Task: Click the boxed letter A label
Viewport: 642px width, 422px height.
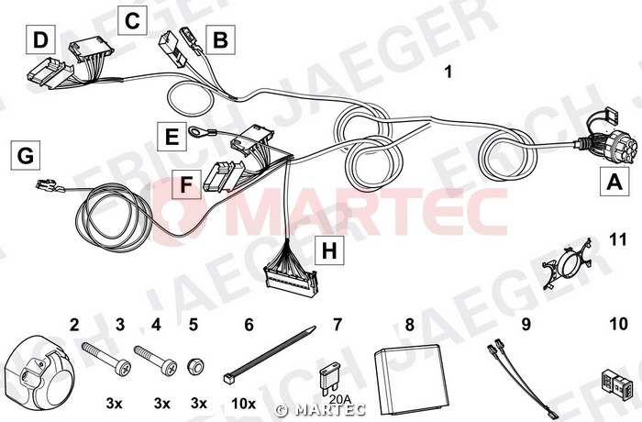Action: coord(614,181)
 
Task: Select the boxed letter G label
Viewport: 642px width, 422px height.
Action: coord(26,155)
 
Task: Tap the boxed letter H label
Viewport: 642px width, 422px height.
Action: coord(329,250)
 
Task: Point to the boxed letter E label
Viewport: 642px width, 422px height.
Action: coord(172,136)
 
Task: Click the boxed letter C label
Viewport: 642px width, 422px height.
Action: coord(132,20)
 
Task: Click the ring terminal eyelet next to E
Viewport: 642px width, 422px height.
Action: coord(194,130)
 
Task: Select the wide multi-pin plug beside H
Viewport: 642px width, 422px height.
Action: coord(291,281)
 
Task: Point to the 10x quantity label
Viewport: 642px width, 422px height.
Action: coord(244,404)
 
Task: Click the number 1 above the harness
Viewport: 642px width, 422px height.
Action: coord(448,72)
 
